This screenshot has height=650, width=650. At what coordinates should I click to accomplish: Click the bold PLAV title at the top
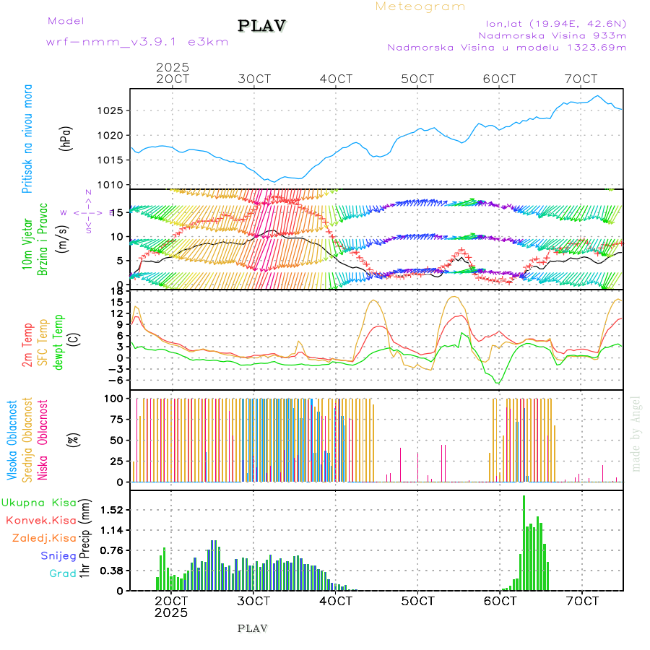tap(263, 26)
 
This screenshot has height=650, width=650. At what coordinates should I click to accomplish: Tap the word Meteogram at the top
tap(420, 6)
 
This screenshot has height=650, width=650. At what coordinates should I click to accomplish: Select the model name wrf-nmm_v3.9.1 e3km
tap(137, 41)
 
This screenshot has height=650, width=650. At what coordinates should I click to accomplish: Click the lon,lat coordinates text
tap(554, 22)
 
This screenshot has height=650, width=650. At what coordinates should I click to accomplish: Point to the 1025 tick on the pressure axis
tap(112, 110)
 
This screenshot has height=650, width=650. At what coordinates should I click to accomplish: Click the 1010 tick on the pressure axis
tap(112, 184)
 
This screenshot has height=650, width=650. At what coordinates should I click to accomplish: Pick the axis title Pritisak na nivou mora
tap(27, 139)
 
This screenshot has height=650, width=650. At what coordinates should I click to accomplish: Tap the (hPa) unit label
tap(66, 139)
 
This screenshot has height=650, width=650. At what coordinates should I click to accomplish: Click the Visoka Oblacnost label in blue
tap(12, 441)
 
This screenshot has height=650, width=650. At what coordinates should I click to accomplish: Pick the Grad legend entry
tap(62, 573)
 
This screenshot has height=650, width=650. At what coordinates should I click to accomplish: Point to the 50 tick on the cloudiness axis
tap(116, 440)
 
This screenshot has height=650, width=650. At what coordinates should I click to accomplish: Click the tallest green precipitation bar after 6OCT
tap(524, 542)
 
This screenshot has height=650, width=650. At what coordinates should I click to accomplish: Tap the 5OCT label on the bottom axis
tap(417, 601)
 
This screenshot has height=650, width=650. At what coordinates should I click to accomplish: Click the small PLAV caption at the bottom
tap(252, 628)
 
